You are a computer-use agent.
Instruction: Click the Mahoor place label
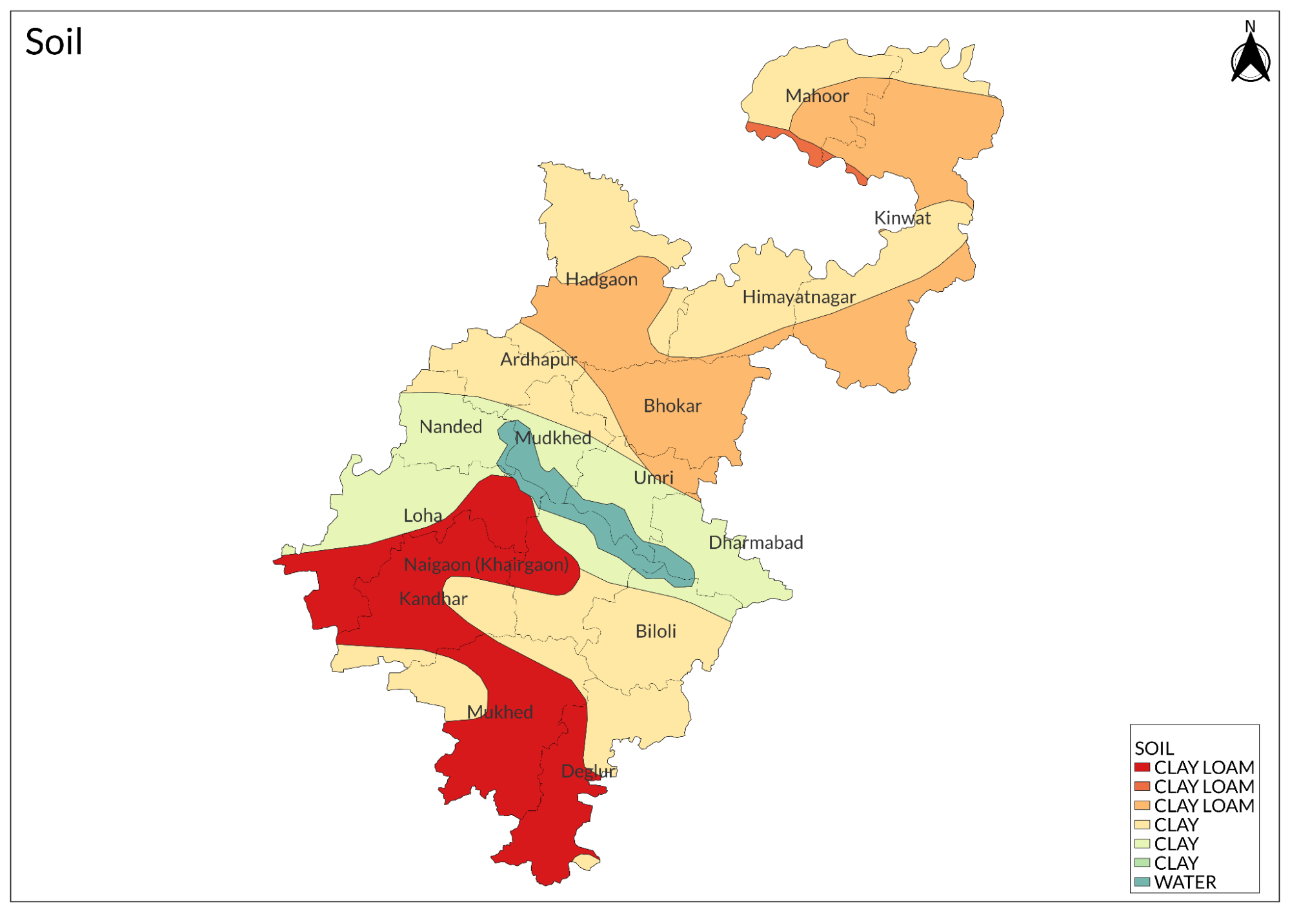(x=816, y=96)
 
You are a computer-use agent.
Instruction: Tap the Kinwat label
(x=902, y=218)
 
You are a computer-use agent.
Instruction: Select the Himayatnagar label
(x=798, y=297)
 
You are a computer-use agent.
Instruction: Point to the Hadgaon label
(x=601, y=280)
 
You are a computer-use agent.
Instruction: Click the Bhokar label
(x=672, y=406)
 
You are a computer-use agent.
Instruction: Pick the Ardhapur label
(x=538, y=360)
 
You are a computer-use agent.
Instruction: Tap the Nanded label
(x=450, y=427)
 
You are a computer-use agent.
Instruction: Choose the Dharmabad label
(x=755, y=542)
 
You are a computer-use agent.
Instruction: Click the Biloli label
(x=655, y=631)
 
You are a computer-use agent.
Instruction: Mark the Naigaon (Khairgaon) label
(x=486, y=565)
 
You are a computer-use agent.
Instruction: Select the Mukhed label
(x=499, y=712)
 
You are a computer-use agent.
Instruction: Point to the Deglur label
(x=588, y=771)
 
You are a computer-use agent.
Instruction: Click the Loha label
(x=423, y=516)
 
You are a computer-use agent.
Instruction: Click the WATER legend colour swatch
(x=1142, y=882)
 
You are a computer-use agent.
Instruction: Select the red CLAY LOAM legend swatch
(x=1142, y=768)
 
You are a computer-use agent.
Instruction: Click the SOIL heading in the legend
(x=1154, y=748)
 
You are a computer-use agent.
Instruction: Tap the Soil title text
(x=54, y=43)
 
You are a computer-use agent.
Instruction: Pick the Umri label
(x=653, y=478)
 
